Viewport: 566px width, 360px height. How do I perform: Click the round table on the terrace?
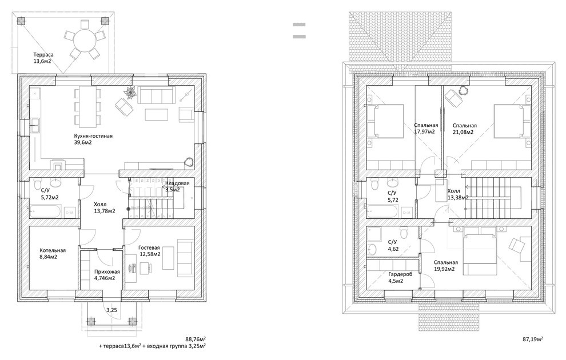pyautogui.click(x=85, y=41)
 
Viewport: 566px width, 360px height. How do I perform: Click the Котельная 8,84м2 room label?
pyautogui.click(x=53, y=254)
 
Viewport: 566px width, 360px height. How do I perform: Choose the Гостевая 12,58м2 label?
pyautogui.click(x=149, y=251)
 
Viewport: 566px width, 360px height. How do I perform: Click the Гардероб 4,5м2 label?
pyautogui.click(x=400, y=277)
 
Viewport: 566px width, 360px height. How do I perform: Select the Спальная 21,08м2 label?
pyautogui.click(x=465, y=129)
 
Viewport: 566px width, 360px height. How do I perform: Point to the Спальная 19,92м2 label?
pyautogui.click(x=446, y=266)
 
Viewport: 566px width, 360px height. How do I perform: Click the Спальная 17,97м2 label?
pyautogui.click(x=426, y=128)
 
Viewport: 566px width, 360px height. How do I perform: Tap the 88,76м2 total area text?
pyautogui.click(x=196, y=339)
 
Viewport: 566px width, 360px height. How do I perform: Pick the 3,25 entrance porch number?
pyautogui.click(x=111, y=310)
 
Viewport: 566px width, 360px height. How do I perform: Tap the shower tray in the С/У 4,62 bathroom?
pyautogui.click(x=374, y=234)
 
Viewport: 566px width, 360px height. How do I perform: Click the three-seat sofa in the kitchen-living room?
pyautogui.click(x=156, y=95)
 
